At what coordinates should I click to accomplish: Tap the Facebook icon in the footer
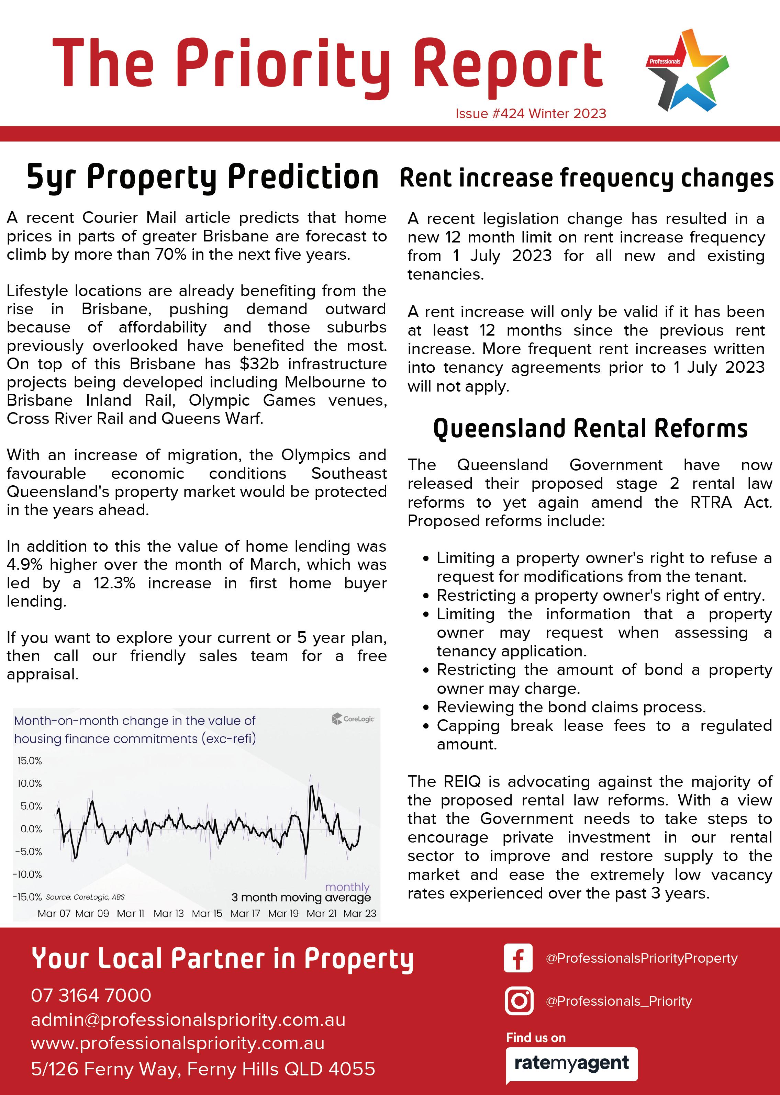[x=518, y=958]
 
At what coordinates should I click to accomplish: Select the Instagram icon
[x=519, y=1001]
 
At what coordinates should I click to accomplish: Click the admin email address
[x=188, y=1020]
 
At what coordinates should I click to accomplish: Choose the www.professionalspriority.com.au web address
[x=178, y=1043]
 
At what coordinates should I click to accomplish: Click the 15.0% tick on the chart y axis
[x=30, y=761]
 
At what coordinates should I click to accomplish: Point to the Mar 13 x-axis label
[x=169, y=914]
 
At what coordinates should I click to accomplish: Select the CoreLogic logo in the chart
[x=353, y=719]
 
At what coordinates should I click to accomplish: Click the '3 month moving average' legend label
[x=301, y=897]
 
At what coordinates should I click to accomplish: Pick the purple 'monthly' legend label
[x=347, y=887]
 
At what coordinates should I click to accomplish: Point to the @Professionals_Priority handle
[x=619, y=1001]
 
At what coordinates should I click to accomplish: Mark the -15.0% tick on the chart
[x=28, y=897]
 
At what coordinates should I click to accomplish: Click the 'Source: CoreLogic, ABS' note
[x=86, y=897]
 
